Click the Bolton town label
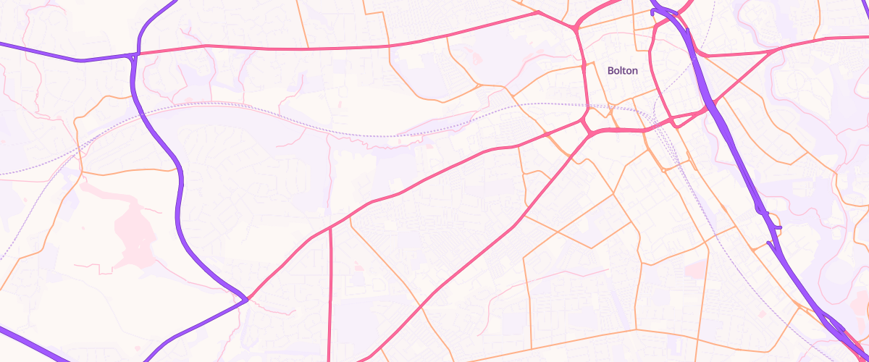click(622, 70)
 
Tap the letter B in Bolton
click(610, 70)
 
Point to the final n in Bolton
click(634, 70)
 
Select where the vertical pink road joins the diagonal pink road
click(330, 227)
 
